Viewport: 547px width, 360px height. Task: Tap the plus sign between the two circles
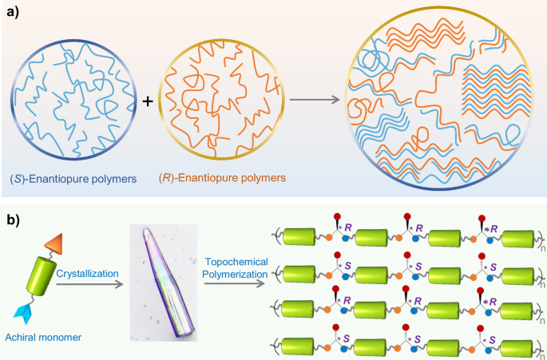click(148, 102)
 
